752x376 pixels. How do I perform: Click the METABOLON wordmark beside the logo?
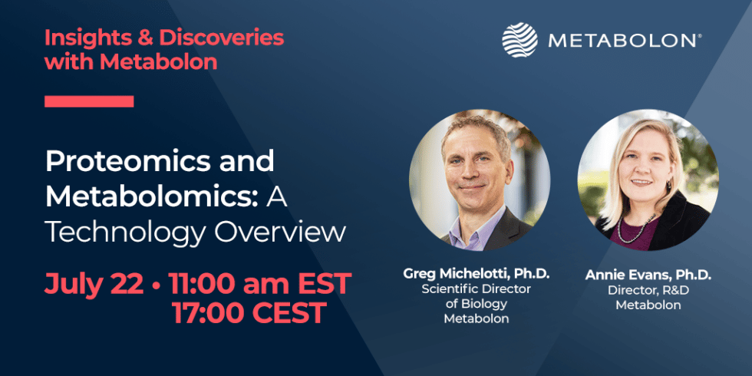pos(624,40)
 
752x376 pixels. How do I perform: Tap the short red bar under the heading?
pos(89,101)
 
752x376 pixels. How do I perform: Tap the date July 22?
pos(94,283)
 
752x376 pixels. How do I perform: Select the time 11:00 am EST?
pos(260,283)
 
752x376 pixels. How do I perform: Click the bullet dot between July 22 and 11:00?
pos(157,285)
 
